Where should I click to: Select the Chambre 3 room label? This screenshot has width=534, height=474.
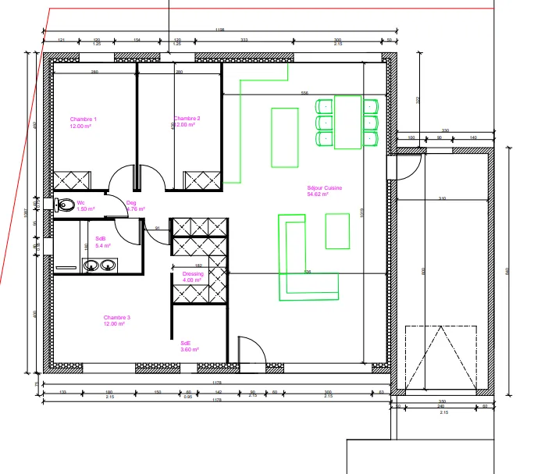point(116,317)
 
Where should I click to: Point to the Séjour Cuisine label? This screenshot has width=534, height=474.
point(325,188)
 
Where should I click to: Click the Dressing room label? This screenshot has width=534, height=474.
point(193,274)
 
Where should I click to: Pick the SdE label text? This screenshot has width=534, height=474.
point(186,343)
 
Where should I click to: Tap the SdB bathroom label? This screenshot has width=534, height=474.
point(101,238)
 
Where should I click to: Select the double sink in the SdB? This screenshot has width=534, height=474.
point(100,266)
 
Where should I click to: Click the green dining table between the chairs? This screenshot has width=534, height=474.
point(347,122)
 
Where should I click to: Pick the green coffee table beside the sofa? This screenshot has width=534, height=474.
point(337,231)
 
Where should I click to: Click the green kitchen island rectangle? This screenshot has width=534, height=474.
point(284,137)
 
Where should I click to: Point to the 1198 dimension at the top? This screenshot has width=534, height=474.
point(220,30)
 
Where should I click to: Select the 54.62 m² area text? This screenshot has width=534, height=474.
point(318,194)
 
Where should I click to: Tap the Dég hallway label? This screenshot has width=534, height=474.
point(131,203)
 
